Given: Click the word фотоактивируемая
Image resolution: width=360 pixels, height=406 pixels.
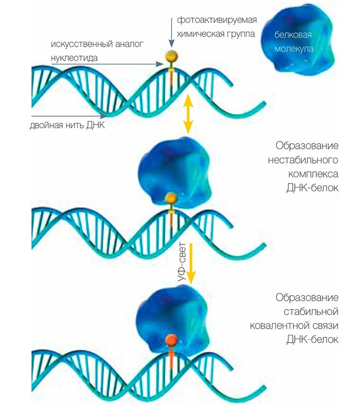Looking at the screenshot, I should (x=216, y=21).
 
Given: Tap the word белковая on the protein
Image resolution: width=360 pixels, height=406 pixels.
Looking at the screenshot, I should (x=293, y=37).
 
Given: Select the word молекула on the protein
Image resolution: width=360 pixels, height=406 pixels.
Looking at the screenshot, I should (x=294, y=49).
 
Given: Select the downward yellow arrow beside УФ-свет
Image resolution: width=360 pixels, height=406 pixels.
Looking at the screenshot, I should (x=191, y=263).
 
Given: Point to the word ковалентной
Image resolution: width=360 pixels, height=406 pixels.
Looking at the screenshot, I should (x=287, y=325).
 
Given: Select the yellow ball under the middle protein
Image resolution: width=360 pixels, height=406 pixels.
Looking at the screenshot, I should (x=171, y=197).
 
